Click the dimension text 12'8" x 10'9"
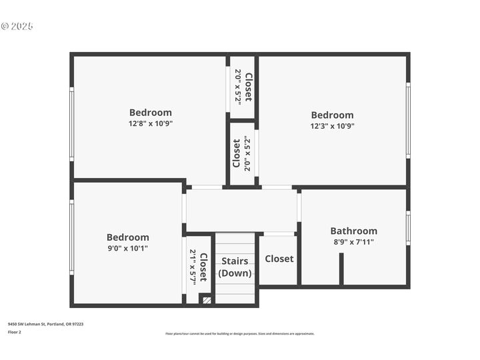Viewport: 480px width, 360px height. pos(151,123)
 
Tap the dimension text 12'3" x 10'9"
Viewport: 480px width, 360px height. pos(332,125)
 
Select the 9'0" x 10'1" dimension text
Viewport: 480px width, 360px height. pos(128,248)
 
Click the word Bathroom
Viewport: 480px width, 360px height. pos(353,231)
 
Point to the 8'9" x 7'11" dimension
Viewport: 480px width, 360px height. pos(353,242)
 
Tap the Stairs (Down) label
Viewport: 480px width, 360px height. pos(235,267)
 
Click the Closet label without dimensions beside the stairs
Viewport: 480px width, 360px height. pos(279,259)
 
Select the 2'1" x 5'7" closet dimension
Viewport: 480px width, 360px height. pos(193,267)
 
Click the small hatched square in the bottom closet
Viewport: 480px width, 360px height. pos(206,301)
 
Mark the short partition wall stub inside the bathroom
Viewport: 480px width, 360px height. pos(341,269)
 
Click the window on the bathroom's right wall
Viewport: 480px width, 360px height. pos(408,228)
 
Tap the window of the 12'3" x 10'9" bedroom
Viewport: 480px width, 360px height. pos(408,120)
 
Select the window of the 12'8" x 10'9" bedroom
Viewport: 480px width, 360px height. pos(72,123)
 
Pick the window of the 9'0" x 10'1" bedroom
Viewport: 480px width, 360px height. pos(72,237)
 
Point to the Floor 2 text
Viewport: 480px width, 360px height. pos(15,331)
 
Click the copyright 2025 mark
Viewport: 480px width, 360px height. pos(17,27)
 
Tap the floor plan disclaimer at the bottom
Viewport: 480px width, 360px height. pos(239,333)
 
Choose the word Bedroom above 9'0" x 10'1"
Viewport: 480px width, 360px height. pos(128,237)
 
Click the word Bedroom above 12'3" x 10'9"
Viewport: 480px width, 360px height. pos(332,115)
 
